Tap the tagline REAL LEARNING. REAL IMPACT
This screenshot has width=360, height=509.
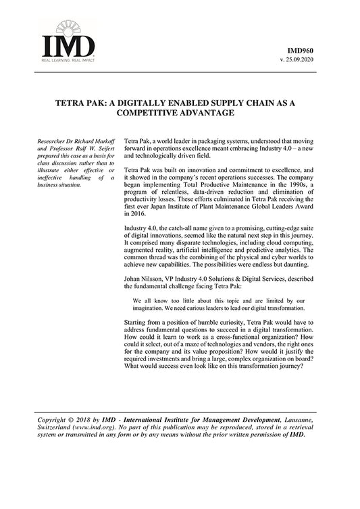click(68, 61)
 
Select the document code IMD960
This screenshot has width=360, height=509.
click(300, 51)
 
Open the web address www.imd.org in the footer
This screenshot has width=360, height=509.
click(97, 427)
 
